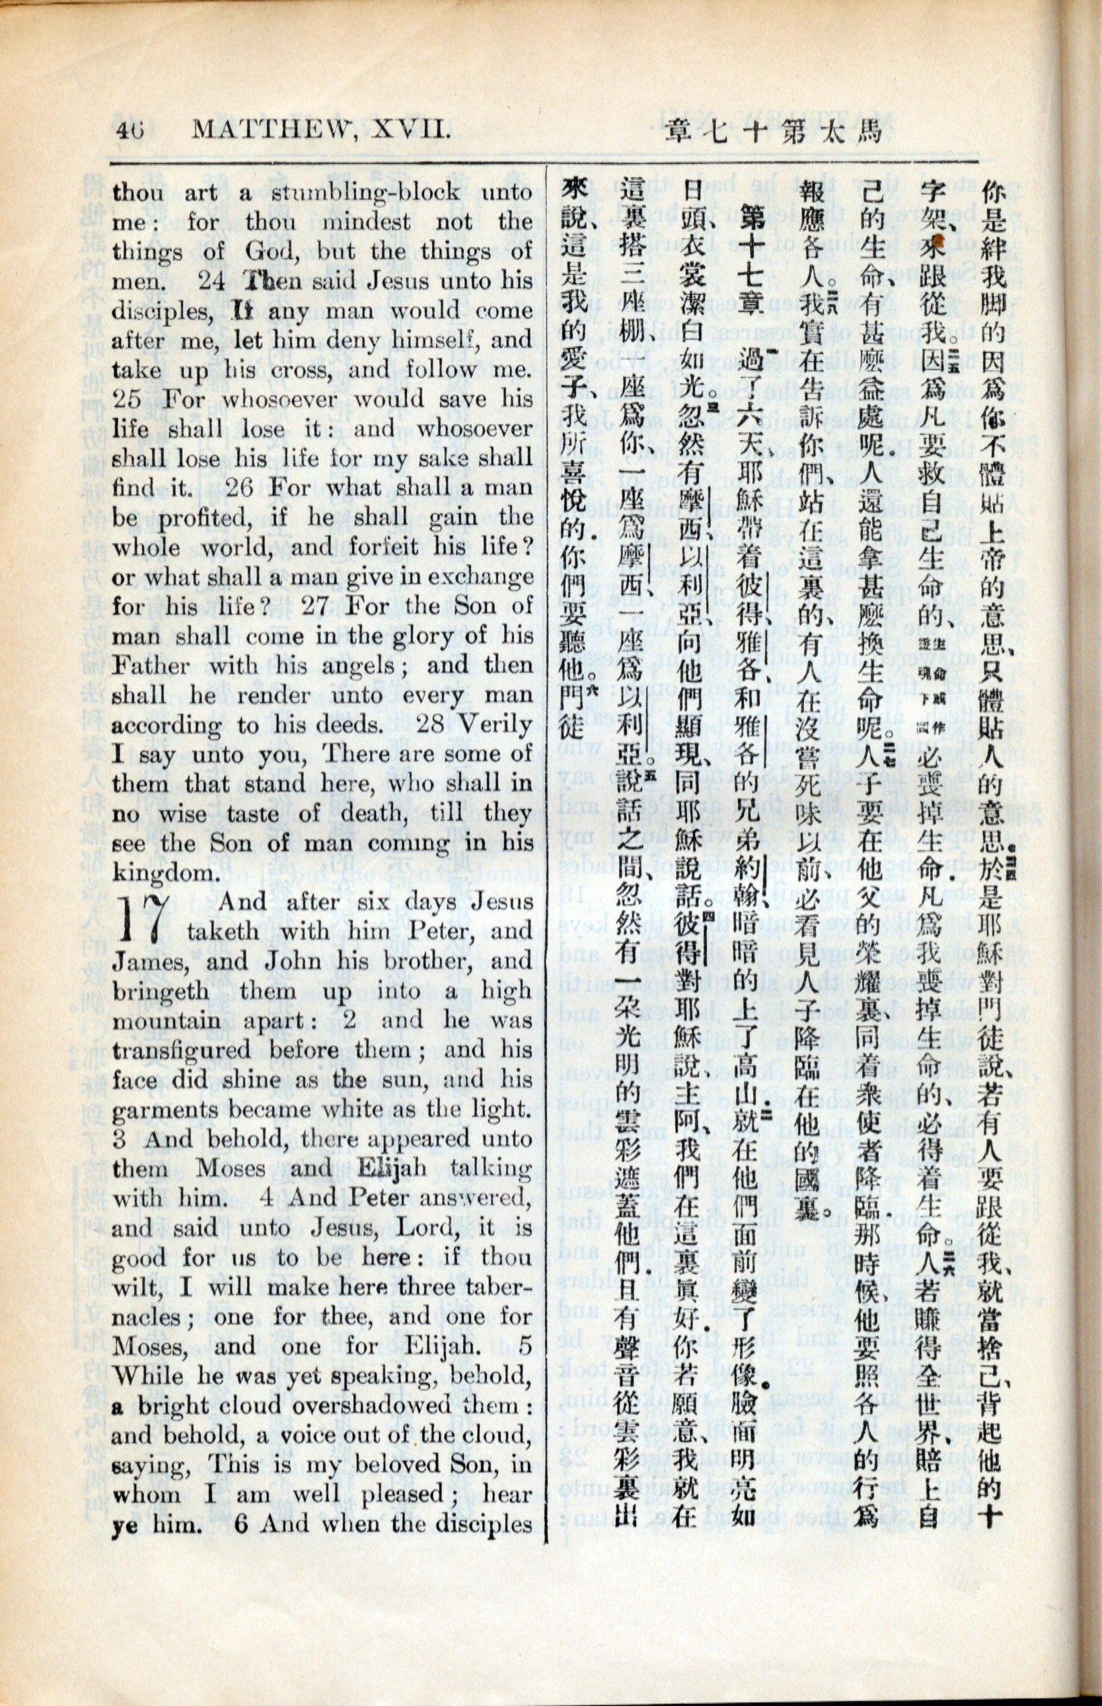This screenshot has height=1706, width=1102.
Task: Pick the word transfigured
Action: pos(181,1050)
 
